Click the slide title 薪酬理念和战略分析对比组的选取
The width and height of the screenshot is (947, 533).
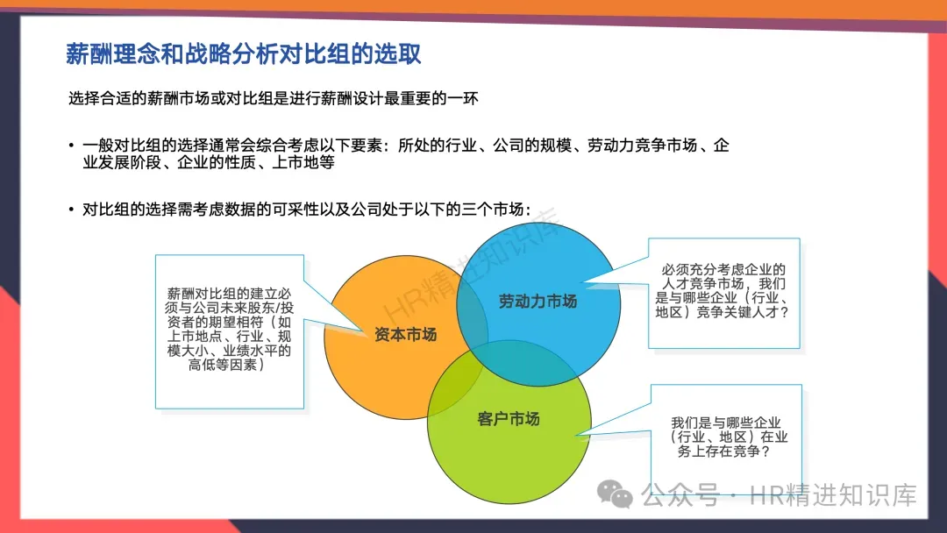point(244,53)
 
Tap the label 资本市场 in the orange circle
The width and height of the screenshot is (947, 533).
point(405,334)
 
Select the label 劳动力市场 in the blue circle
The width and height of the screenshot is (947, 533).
point(538,302)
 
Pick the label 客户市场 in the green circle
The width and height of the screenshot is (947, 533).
point(508,419)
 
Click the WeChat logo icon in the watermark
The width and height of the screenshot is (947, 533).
point(614,494)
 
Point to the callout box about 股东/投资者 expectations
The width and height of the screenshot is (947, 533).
point(230,331)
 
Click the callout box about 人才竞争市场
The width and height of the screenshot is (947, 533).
point(724,294)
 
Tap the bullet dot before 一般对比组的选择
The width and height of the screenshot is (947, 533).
point(71,146)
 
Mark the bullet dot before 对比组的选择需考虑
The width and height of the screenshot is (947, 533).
point(71,210)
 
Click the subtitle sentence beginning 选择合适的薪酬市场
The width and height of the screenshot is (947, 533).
point(273,98)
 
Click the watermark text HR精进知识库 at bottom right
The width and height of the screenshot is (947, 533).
point(833,495)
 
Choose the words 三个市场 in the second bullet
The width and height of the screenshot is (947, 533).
point(492,210)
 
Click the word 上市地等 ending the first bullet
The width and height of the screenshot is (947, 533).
point(303,162)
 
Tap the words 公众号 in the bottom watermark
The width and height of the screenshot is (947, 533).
point(680,495)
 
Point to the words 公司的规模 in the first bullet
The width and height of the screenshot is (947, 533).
point(532,146)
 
